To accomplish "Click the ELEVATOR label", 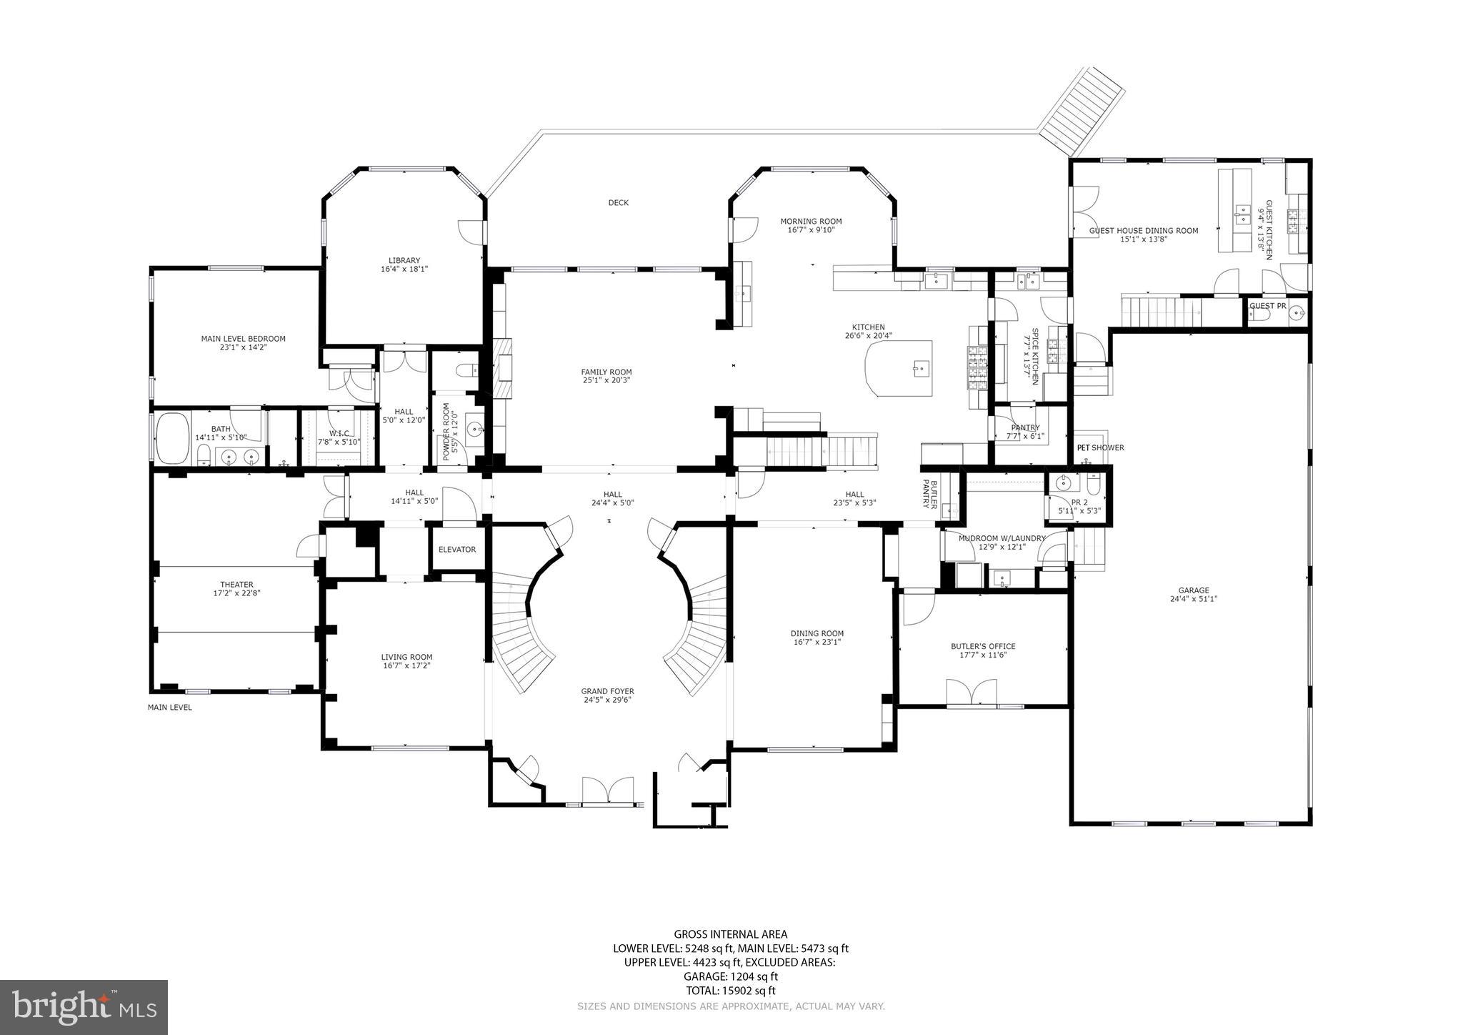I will [456, 550].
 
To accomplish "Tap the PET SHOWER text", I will [1100, 448].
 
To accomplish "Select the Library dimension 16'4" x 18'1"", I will [404, 269].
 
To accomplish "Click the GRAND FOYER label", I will [607, 691].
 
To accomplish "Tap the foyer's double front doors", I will [608, 792].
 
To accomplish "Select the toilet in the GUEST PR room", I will [1261, 315].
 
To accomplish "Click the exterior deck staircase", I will [1082, 111].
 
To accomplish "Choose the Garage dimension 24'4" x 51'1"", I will [1193, 599].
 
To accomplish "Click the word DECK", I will [618, 203].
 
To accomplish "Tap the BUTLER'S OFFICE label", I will [982, 646].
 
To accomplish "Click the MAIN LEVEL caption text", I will [169, 708].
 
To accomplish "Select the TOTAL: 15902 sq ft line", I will [730, 991].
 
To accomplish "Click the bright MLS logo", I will [84, 1007].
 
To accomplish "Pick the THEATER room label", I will [236, 585].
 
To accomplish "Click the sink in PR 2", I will [1064, 484].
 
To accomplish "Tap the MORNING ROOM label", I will [811, 222].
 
